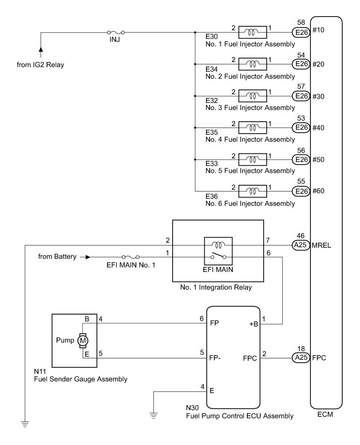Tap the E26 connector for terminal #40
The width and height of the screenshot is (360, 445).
pos(302,128)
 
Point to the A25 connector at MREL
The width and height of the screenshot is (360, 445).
pos(302,245)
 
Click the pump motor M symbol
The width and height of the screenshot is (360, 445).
pos(83,342)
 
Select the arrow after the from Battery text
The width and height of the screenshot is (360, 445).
pos(88,257)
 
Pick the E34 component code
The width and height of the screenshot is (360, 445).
pos(212,69)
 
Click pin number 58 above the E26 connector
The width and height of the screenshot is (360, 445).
pos(302,23)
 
